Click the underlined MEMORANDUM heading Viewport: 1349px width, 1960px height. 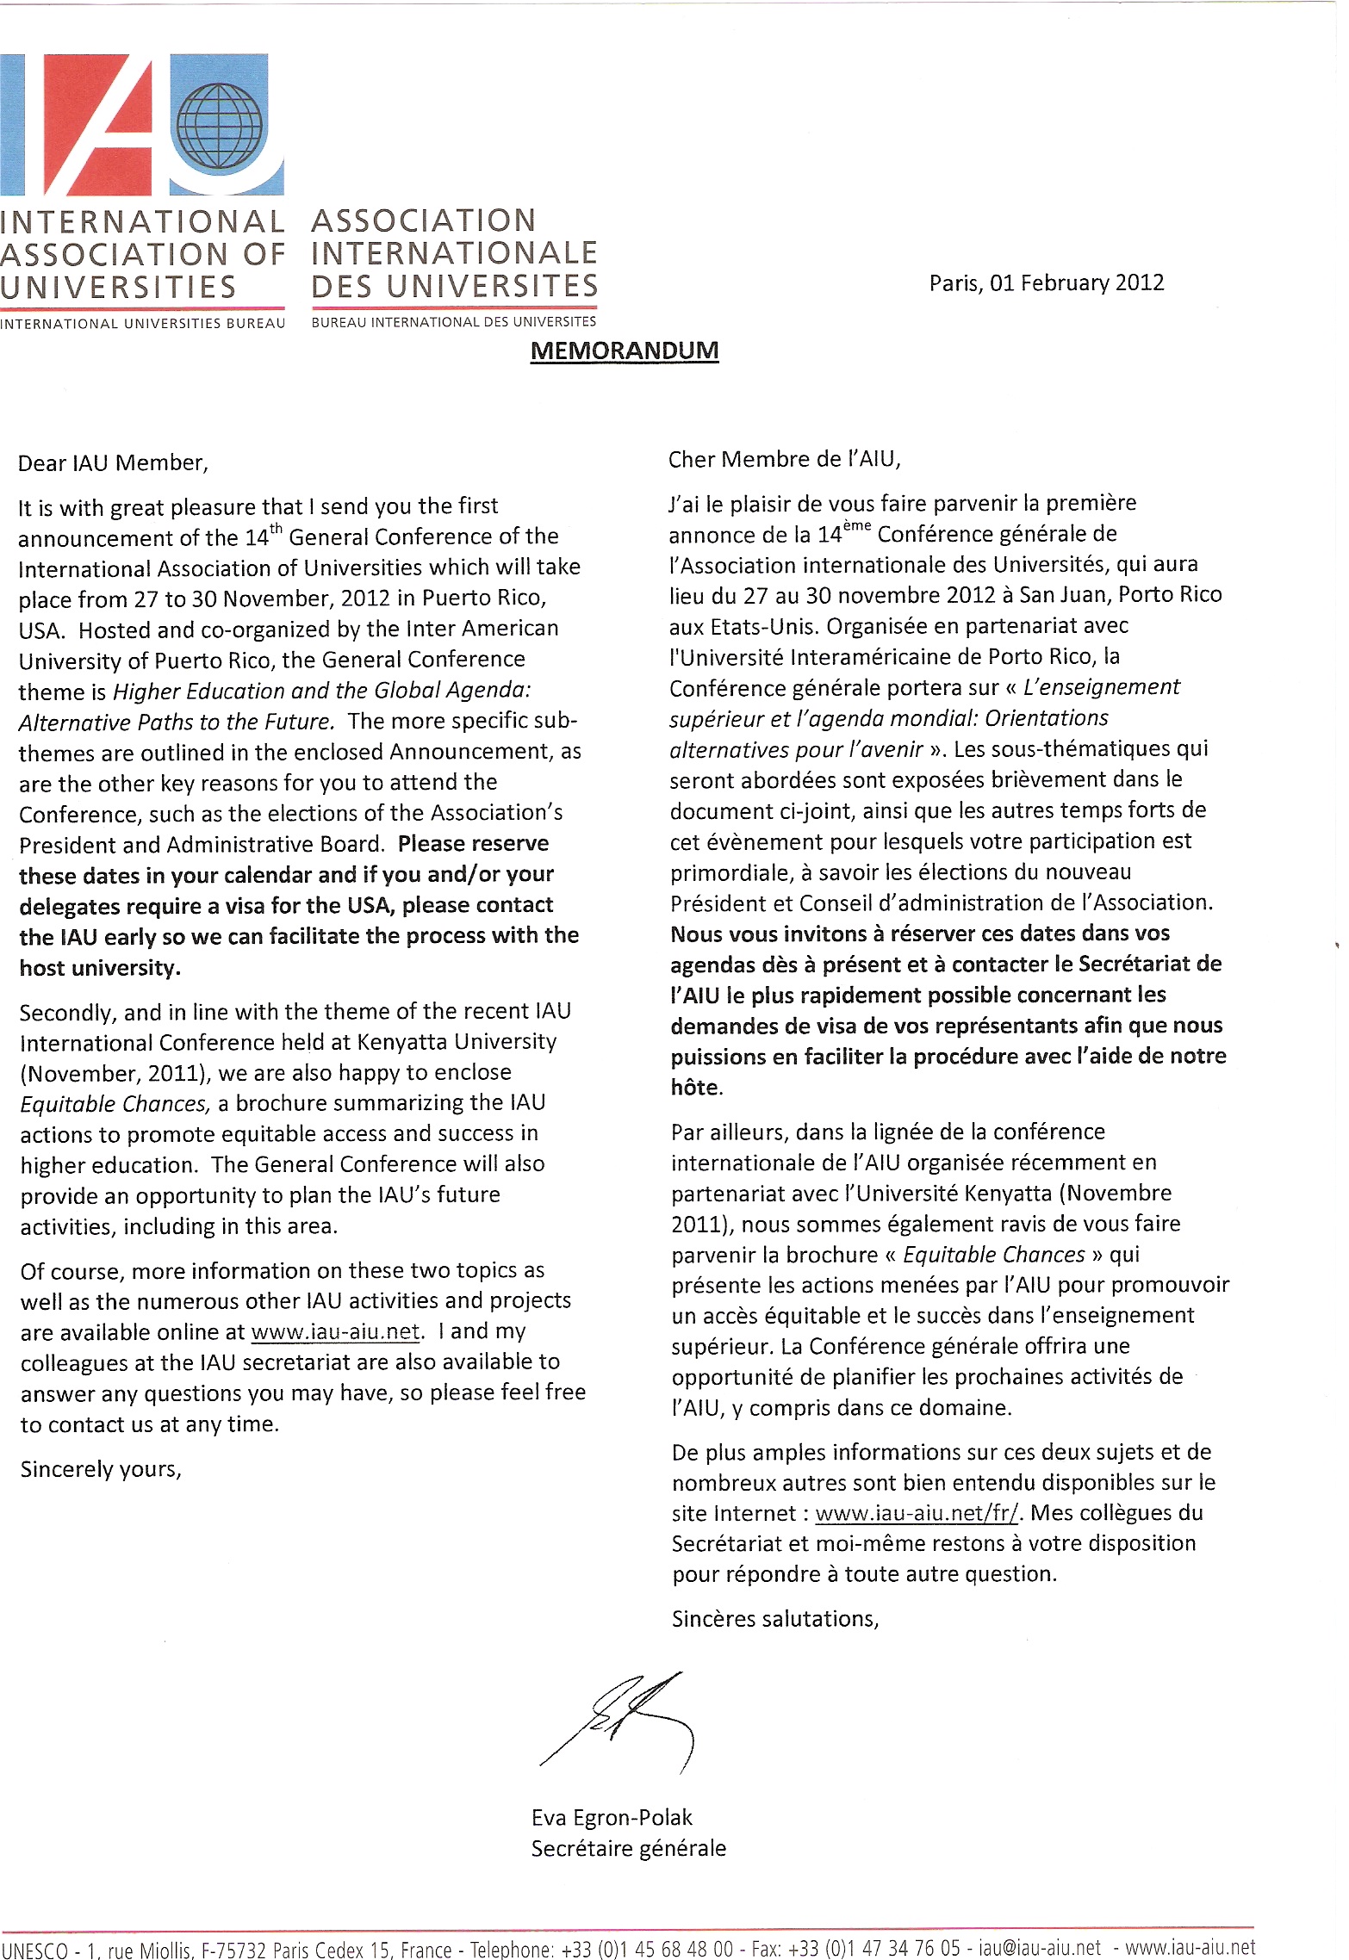[624, 351]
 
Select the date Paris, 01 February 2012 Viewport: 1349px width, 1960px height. [1046, 283]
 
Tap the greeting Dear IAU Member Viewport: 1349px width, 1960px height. [113, 463]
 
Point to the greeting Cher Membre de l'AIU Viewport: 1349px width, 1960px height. [784, 460]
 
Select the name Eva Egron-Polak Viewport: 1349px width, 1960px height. [612, 1817]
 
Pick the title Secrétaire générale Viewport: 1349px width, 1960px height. [628, 1848]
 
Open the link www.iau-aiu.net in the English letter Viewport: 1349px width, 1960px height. [335, 1331]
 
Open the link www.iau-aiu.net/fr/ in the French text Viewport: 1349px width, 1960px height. [917, 1513]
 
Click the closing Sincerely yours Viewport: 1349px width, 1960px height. [101, 1469]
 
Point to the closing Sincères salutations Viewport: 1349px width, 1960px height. [774, 1619]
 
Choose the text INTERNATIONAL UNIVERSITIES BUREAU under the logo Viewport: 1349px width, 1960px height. [142, 324]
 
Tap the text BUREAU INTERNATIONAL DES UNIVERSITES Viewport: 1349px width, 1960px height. [453, 322]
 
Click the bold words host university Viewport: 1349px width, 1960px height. [100, 968]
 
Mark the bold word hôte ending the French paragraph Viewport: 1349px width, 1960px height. [695, 1088]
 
